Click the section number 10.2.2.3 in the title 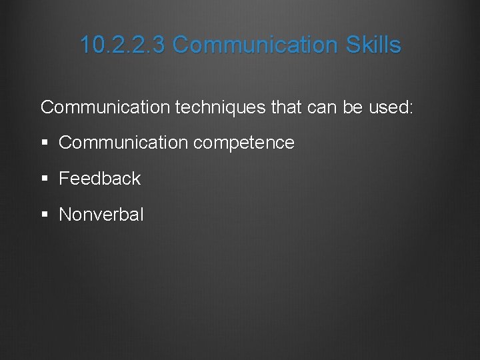[123, 45]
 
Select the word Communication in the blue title [256, 45]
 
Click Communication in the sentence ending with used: [105, 107]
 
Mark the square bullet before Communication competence [44, 143]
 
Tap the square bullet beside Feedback [44, 179]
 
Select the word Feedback [100, 179]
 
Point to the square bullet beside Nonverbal [44, 215]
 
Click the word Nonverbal [101, 215]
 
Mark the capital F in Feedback [64, 179]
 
